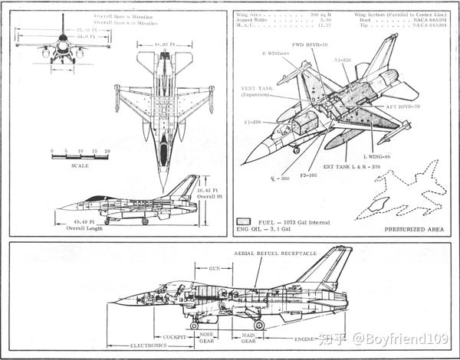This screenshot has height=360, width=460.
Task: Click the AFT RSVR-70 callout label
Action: [408, 106]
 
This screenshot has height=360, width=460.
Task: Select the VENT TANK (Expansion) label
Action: [257, 93]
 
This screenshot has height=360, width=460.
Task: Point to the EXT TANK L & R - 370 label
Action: [357, 165]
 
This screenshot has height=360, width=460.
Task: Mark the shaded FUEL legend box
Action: [245, 221]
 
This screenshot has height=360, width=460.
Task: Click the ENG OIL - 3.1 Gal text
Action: [265, 228]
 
